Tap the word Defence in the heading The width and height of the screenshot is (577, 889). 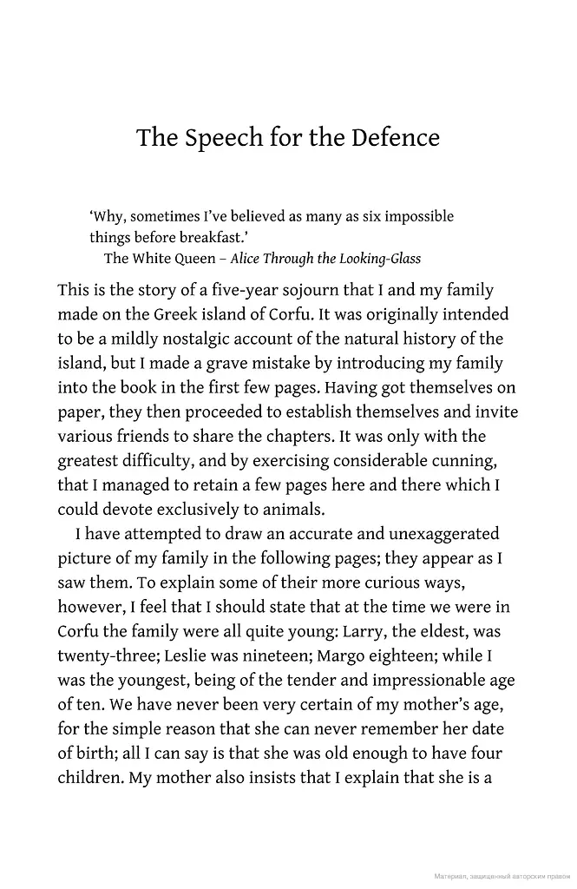point(396,139)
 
